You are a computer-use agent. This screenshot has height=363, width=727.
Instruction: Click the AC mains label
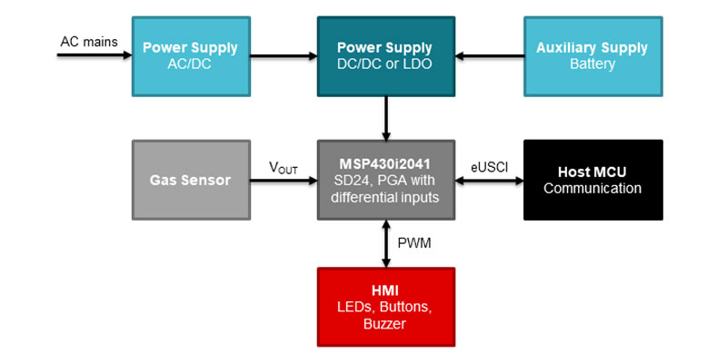pyautogui.click(x=87, y=41)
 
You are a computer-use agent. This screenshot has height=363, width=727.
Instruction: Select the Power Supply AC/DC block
pyautogui.click(x=190, y=55)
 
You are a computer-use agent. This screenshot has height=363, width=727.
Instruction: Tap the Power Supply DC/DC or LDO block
pyautogui.click(x=386, y=55)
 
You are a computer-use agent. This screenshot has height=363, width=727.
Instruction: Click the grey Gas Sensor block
pyautogui.click(x=190, y=180)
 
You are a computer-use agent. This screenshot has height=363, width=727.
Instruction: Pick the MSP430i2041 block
pyautogui.click(x=386, y=180)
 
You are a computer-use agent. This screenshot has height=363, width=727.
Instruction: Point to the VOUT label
pyautogui.click(x=283, y=169)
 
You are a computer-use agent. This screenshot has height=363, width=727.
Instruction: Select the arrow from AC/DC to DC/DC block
pyautogui.click(x=283, y=56)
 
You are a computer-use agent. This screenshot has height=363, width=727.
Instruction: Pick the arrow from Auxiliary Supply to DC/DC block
pyautogui.click(x=490, y=56)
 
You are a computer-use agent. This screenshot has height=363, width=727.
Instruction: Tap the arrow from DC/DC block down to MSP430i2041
pyautogui.click(x=386, y=117)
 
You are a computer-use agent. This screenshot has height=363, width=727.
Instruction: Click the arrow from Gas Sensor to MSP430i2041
pyautogui.click(x=283, y=181)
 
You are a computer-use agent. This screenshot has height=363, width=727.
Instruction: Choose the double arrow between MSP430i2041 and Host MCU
pyautogui.click(x=490, y=181)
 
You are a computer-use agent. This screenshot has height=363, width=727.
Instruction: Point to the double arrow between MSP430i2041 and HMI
pyautogui.click(x=386, y=243)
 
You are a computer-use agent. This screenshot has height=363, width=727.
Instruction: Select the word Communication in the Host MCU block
pyautogui.click(x=593, y=189)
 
